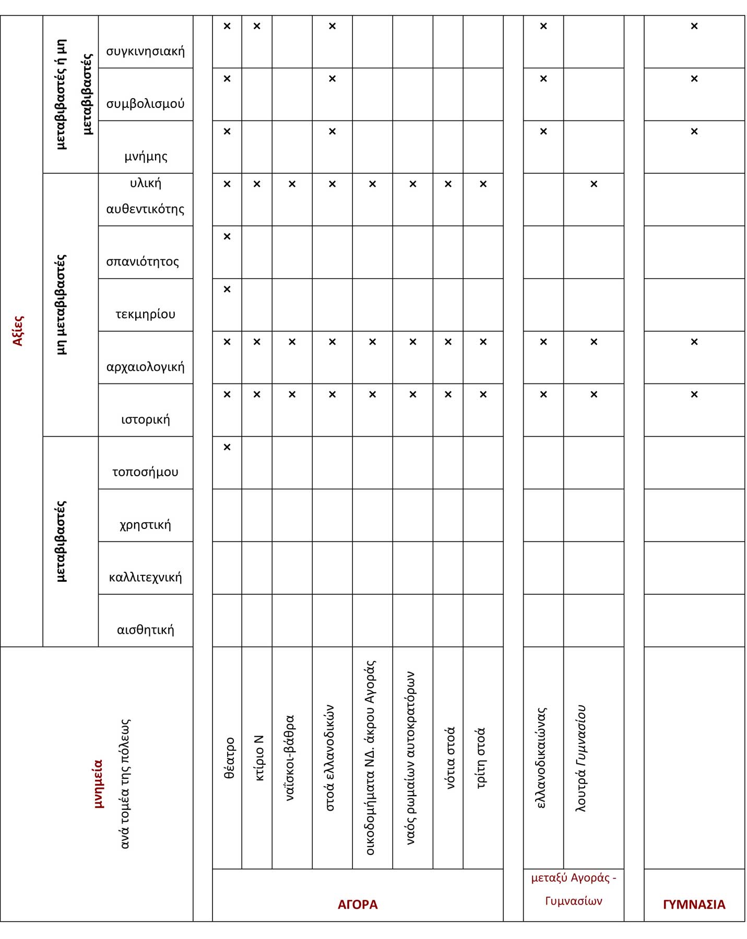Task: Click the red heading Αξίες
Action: (18, 330)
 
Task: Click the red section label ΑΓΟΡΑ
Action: (358, 904)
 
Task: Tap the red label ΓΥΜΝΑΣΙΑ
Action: (694, 904)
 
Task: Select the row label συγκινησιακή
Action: (145, 51)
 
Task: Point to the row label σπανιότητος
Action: (143, 261)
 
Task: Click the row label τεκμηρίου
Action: (145, 314)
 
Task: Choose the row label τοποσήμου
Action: (145, 472)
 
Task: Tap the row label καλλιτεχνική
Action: (145, 577)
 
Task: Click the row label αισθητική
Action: (145, 630)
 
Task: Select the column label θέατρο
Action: (229, 758)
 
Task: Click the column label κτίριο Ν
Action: (259, 758)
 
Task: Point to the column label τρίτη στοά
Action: (481, 758)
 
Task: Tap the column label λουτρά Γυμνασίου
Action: (580, 758)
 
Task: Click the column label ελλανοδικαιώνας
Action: (541, 758)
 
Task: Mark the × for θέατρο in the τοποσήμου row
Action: (227, 447)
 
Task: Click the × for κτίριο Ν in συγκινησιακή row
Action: (257, 26)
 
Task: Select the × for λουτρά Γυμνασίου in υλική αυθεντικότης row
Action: (594, 184)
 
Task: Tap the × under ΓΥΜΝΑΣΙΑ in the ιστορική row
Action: (694, 394)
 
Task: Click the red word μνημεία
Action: (98, 784)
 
